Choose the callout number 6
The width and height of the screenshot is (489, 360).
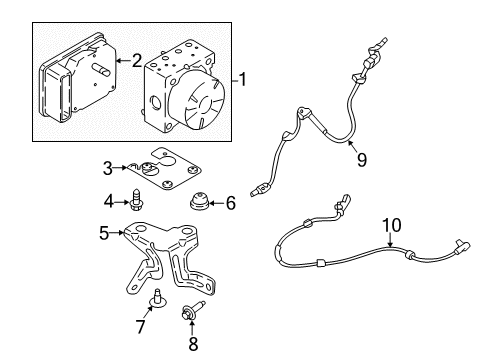coord(229,203)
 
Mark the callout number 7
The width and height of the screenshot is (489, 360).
coord(141,327)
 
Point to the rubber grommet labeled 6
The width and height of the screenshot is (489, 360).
coord(201,203)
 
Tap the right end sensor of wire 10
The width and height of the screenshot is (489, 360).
coord(461,269)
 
